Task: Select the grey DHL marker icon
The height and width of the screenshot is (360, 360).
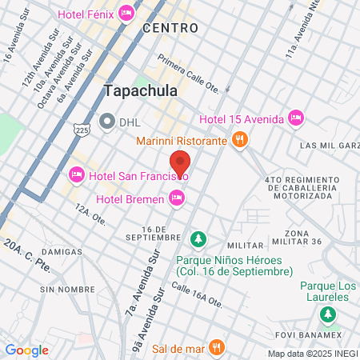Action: click(107, 121)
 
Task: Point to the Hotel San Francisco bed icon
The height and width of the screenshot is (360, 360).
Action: click(77, 173)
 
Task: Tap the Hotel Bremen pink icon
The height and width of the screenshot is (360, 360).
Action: click(177, 198)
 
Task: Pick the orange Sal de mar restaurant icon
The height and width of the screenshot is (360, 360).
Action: click(215, 347)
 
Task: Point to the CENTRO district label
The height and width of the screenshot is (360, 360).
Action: click(170, 28)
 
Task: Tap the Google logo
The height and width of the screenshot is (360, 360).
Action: click(26, 350)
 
